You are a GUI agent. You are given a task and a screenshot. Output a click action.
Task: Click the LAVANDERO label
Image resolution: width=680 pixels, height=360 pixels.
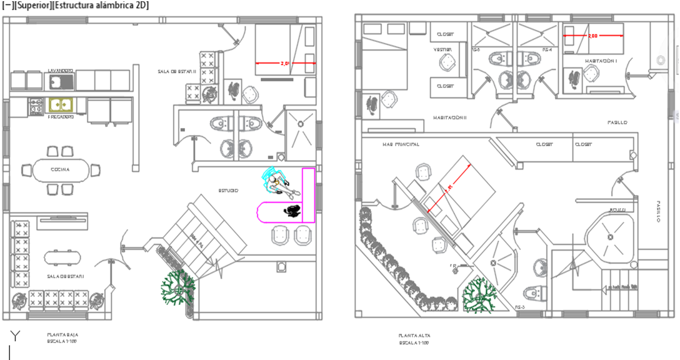pos(61,71)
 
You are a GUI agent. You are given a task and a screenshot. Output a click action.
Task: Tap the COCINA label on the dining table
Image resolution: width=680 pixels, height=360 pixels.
pos(61,169)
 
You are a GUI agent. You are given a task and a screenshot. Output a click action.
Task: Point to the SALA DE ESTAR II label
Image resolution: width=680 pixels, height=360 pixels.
pos(177,72)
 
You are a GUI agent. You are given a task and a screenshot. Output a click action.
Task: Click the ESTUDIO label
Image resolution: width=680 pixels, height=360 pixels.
pos(227,190)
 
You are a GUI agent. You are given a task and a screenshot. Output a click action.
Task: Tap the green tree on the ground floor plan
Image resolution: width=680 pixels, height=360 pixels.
pos(177,288)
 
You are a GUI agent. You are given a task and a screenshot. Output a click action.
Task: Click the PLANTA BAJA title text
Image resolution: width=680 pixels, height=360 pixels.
pos(63,335)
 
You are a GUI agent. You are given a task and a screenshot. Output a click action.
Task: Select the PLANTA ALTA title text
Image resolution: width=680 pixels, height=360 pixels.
pos(415,336)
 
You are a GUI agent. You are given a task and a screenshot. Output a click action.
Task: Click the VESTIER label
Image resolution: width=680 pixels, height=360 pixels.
pos(442,49)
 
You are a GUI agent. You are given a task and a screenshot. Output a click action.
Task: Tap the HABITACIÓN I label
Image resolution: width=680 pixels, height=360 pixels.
pos(601,61)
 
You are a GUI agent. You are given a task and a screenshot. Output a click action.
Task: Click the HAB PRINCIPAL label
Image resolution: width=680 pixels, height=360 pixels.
pos(401,144)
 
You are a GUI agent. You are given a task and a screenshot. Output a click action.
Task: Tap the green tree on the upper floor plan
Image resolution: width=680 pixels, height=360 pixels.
pos(478,294)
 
